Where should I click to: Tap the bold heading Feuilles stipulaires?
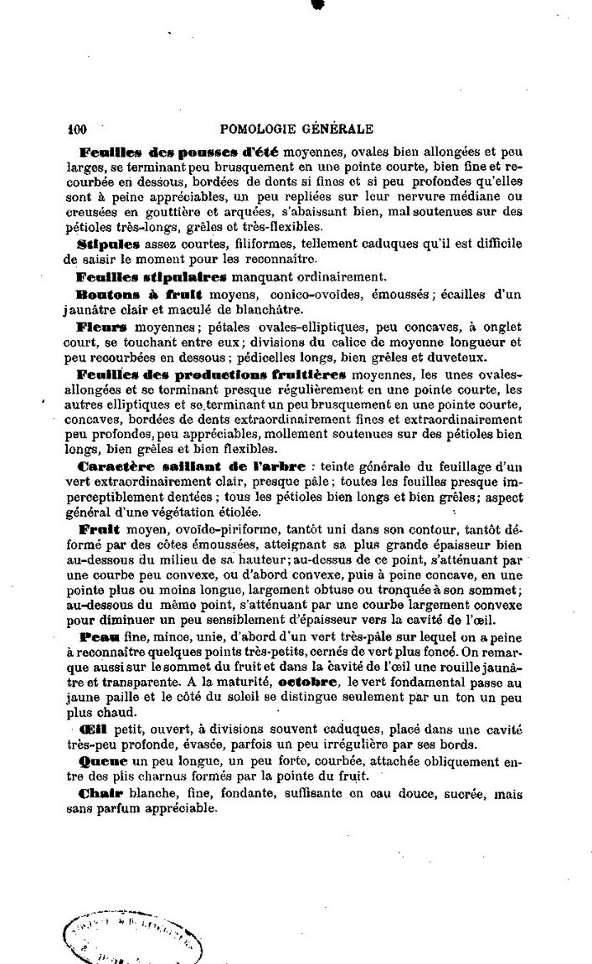tap(140, 276)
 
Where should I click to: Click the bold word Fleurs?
tap(102, 326)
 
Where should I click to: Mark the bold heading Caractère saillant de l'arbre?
tap(191, 467)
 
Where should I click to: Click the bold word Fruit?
tap(99, 529)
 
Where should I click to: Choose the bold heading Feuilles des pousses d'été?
tap(179, 152)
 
